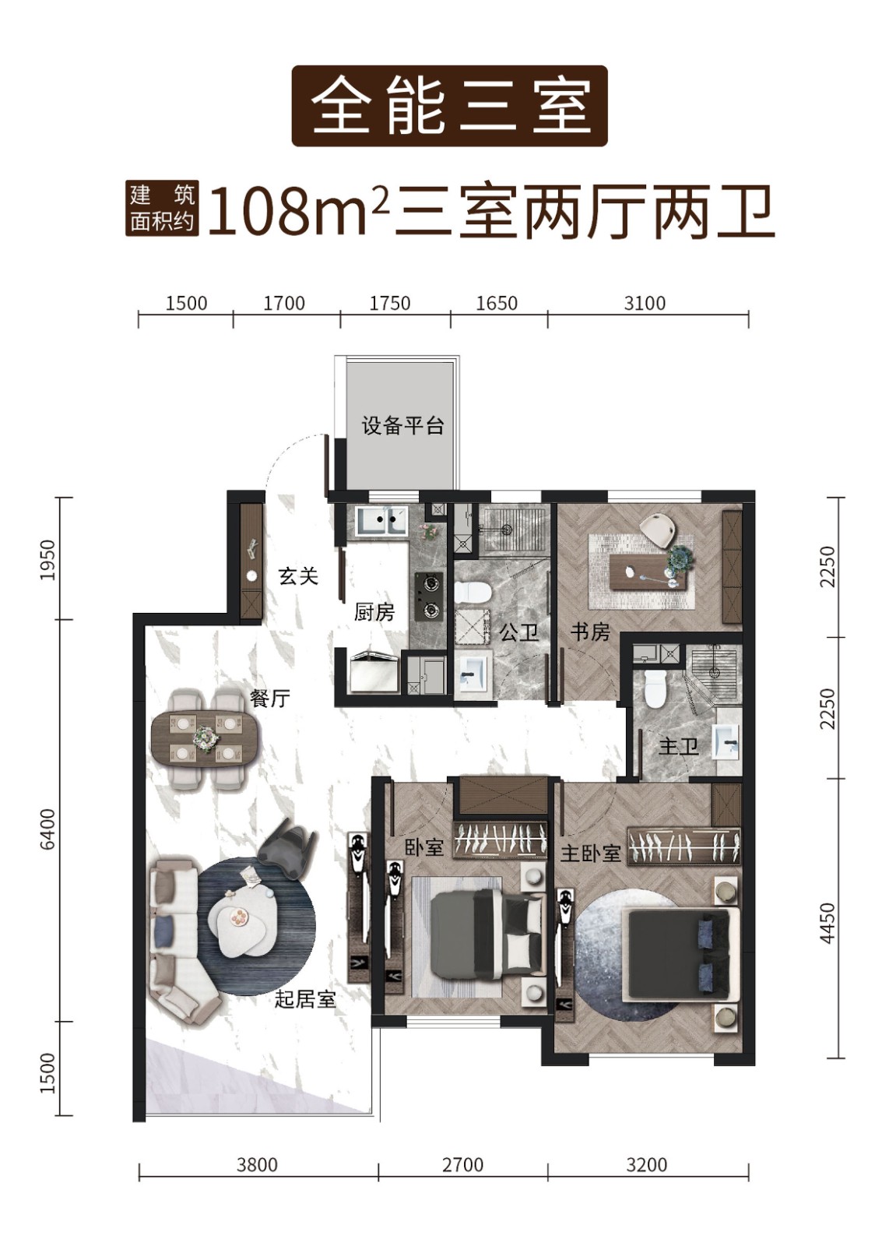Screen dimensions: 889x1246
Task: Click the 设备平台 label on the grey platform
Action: tap(402, 427)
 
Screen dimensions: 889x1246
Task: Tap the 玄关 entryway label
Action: tap(299, 575)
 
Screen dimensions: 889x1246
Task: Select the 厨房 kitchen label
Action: tap(374, 613)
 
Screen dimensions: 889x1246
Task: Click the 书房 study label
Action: tap(590, 632)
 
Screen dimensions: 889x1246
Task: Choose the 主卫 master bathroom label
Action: tap(678, 747)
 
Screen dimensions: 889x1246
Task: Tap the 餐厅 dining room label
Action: tap(270, 698)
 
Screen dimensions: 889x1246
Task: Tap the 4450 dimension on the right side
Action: tap(828, 923)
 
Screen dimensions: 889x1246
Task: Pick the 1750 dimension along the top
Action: tap(390, 303)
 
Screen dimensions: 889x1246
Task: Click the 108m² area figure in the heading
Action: tap(297, 211)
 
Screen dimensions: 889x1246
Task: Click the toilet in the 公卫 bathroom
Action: tap(472, 592)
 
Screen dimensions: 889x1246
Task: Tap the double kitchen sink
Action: tap(381, 520)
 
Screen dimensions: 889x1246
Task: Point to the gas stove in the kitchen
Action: tap(429, 597)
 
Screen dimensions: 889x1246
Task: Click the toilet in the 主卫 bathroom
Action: tap(654, 688)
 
